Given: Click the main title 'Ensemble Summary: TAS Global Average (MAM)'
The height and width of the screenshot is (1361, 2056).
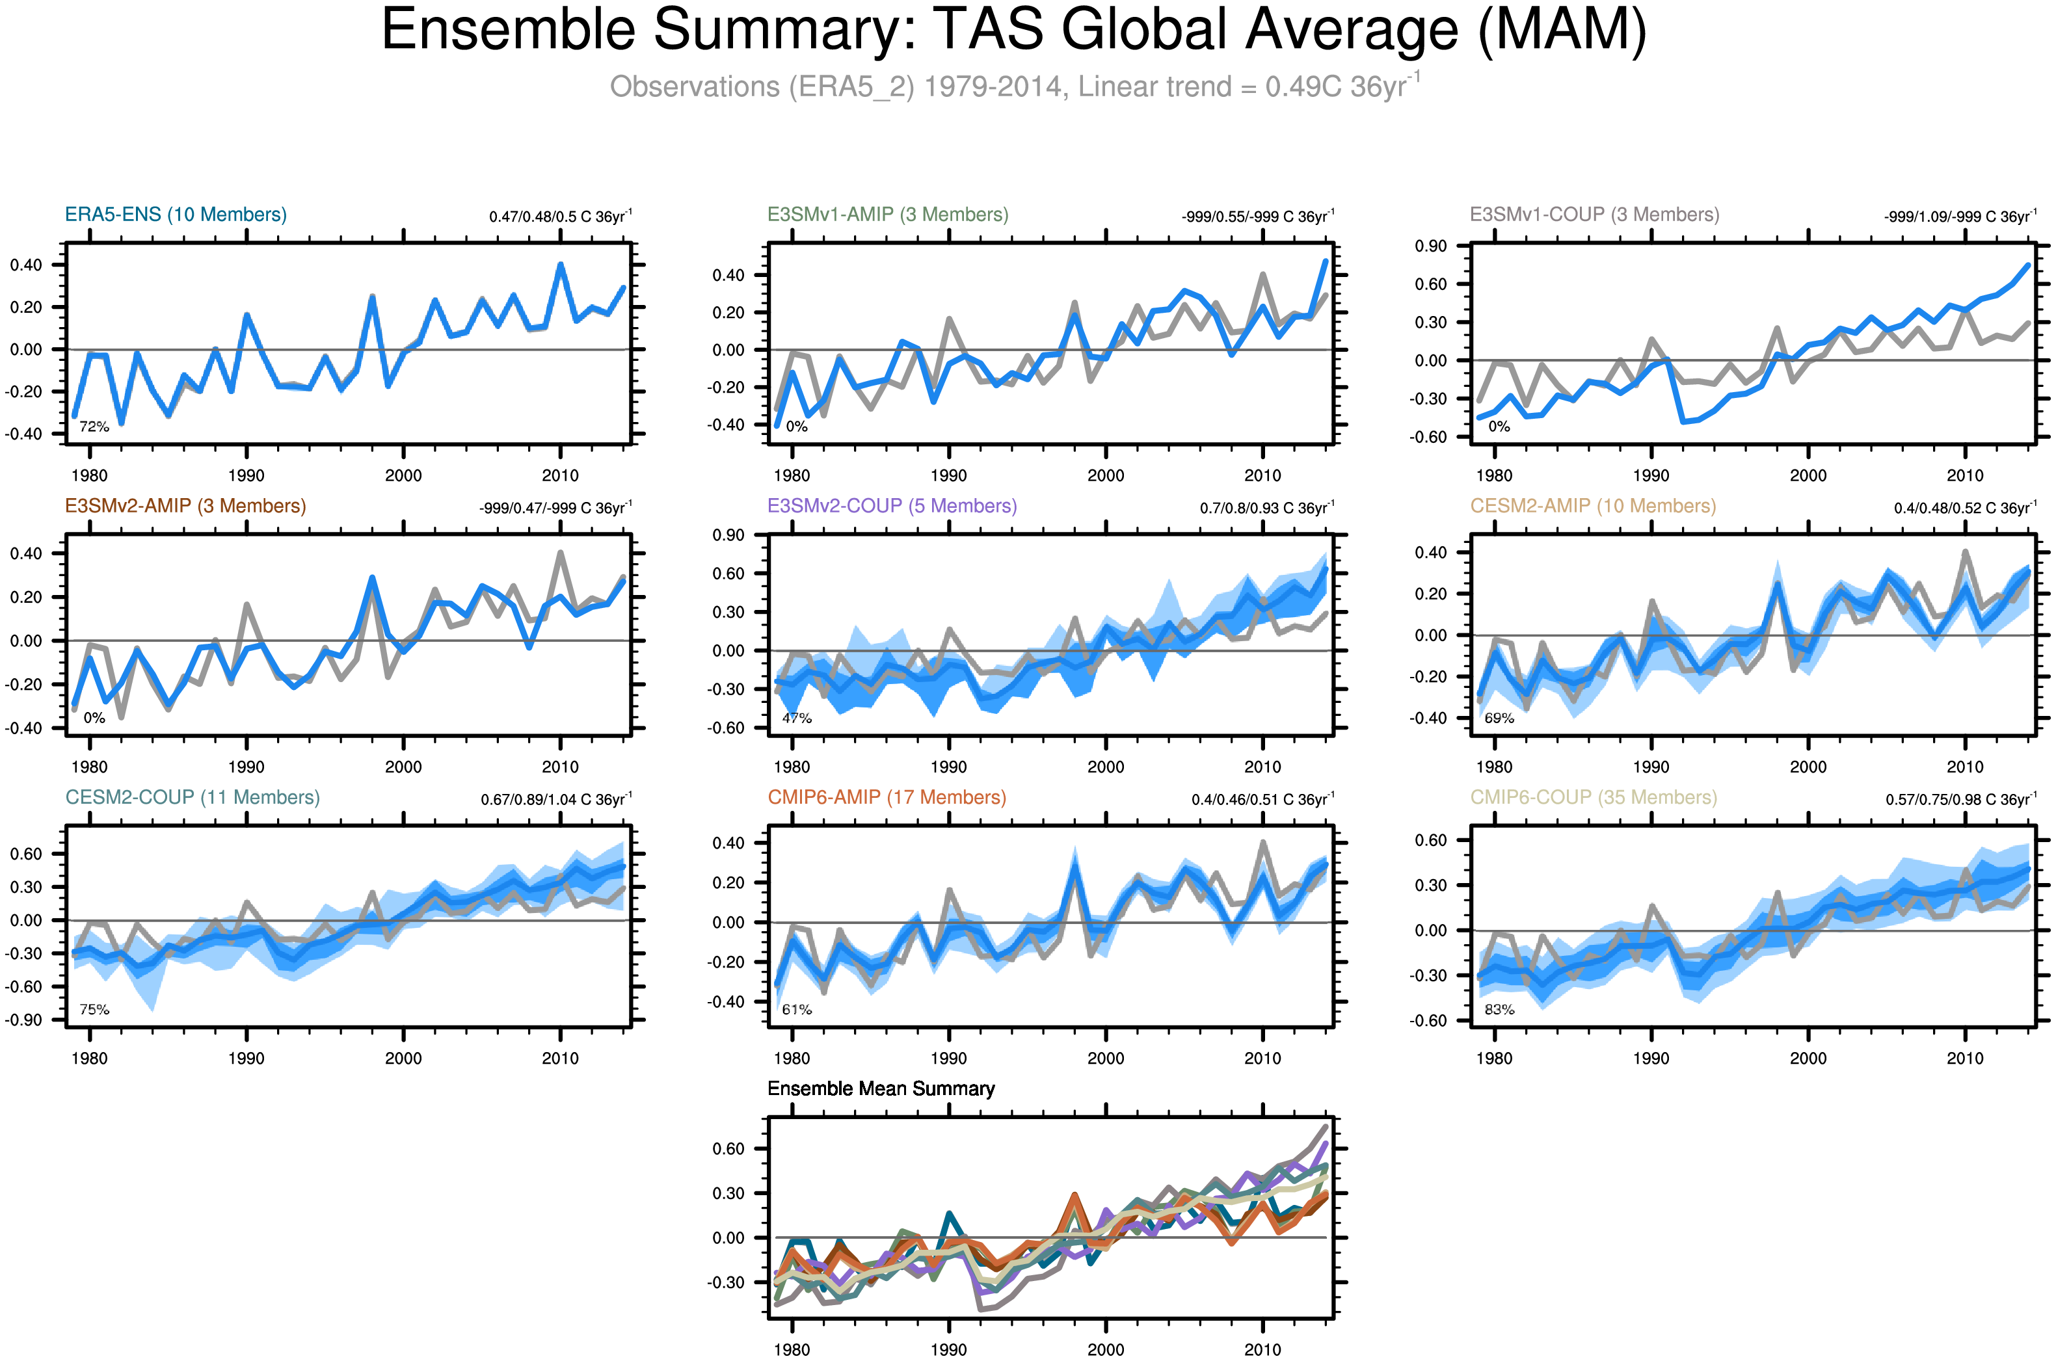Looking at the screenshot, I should tap(1013, 31).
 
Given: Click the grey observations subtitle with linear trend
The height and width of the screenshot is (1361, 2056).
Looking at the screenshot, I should tap(1013, 86).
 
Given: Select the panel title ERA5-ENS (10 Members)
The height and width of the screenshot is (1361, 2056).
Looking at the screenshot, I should tap(176, 215).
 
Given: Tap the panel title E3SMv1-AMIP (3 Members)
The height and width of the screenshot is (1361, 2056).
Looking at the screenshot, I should tap(887, 215).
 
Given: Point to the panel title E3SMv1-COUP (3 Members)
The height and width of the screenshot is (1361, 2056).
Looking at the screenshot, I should tap(1594, 215).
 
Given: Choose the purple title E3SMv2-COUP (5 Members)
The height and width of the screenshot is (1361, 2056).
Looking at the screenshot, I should tap(892, 506).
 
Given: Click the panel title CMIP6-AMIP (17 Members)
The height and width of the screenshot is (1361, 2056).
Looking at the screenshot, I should tap(887, 798).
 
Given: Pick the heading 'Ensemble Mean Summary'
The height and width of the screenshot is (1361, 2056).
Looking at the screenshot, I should tap(881, 1089).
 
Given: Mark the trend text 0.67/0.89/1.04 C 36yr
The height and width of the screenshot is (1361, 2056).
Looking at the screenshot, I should tap(555, 799).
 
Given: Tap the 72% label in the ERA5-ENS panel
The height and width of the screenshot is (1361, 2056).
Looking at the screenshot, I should tap(94, 427).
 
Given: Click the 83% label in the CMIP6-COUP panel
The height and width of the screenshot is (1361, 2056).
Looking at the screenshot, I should tap(1499, 1009).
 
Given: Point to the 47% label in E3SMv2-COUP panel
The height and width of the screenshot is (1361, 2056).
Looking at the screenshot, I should tap(796, 718).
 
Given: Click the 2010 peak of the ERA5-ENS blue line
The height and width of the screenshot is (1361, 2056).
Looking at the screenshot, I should tap(560, 265).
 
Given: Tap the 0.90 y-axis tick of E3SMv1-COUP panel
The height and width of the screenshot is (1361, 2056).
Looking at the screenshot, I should tap(1431, 246).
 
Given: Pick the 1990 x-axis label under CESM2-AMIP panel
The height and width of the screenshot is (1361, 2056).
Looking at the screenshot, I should tap(1651, 767).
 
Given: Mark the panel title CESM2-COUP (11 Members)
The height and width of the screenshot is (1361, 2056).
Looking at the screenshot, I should tap(192, 798).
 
